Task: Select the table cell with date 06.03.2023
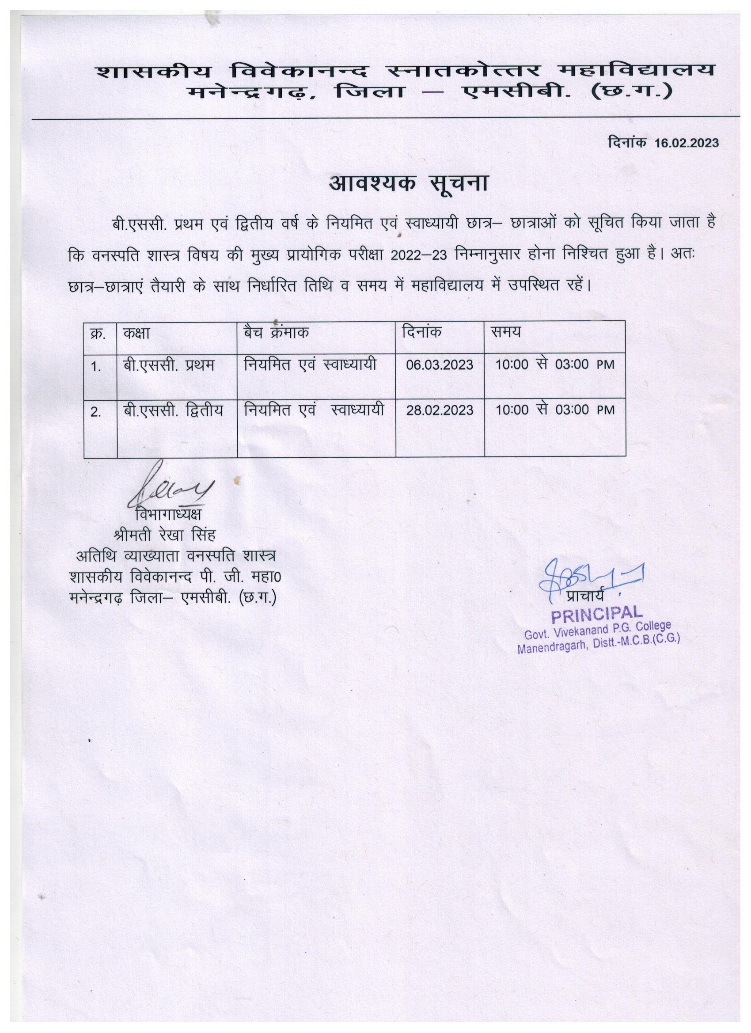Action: pos(440,365)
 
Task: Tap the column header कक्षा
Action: pos(136,333)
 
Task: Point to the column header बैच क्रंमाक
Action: pos(277,333)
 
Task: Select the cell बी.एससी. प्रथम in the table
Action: pos(168,365)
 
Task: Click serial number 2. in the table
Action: pos(95,412)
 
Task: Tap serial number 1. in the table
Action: pos(95,367)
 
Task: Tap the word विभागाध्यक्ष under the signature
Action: pos(168,514)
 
